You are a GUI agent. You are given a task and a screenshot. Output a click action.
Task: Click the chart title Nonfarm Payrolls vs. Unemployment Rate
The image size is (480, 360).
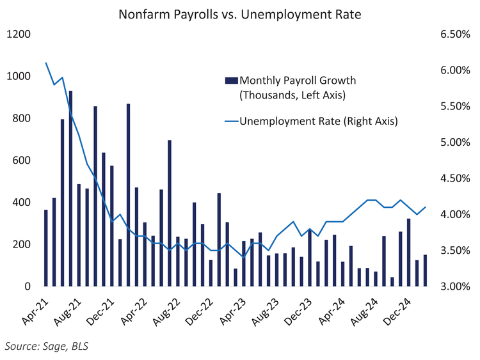click(x=240, y=13)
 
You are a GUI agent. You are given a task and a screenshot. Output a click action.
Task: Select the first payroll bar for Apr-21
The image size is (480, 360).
click(x=46, y=248)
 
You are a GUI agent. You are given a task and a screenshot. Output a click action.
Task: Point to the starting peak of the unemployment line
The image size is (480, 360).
click(x=46, y=63)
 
